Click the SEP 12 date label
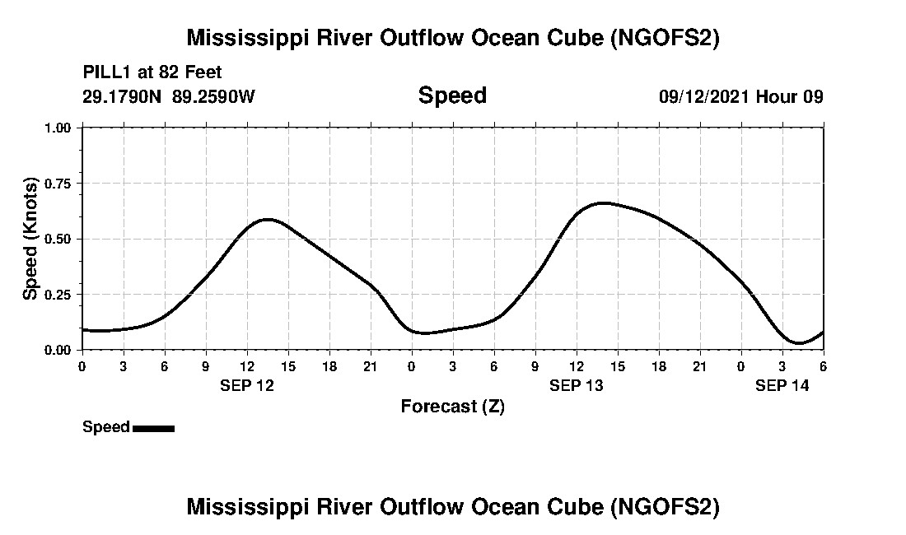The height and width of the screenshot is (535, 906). (247, 385)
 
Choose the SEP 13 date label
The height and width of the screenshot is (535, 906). (577, 385)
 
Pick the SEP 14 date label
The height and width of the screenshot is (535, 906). (782, 385)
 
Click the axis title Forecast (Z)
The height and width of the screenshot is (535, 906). (452, 407)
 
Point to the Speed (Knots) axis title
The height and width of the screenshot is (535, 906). (30, 239)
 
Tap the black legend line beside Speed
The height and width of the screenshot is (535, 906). (153, 428)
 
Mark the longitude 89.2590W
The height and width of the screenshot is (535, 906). (214, 96)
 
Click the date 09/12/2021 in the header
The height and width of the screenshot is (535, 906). (704, 96)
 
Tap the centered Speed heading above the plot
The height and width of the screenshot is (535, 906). (452, 95)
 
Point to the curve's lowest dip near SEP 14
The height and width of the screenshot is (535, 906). (797, 342)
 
